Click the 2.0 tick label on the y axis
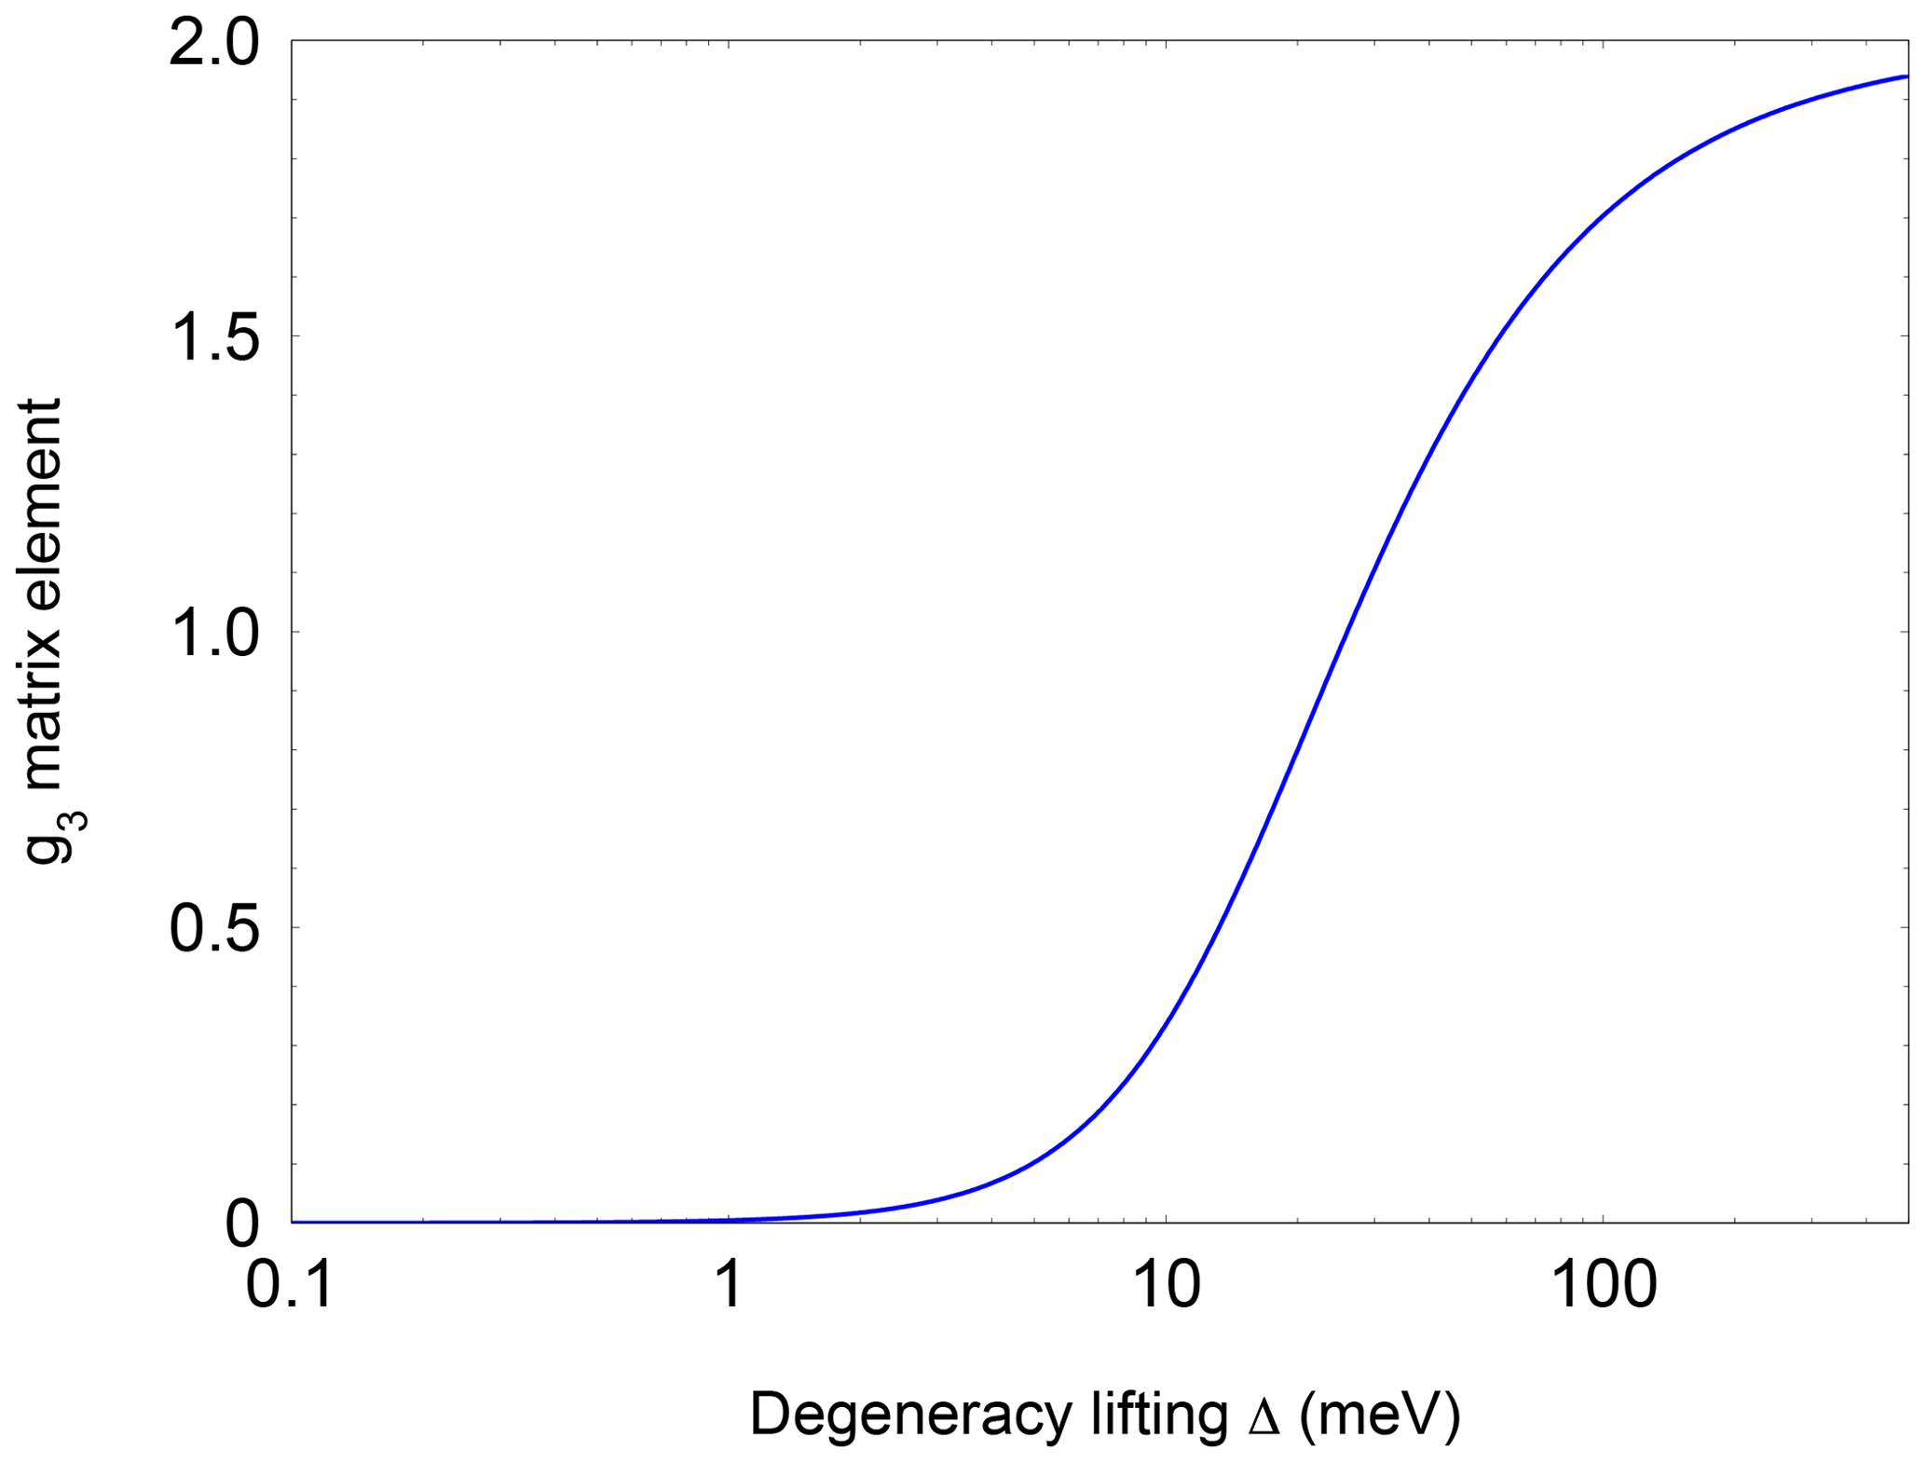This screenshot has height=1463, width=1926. [212, 43]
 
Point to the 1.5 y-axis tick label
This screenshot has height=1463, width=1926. [212, 337]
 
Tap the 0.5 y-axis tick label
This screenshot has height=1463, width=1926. [212, 929]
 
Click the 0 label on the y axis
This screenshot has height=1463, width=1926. [241, 1224]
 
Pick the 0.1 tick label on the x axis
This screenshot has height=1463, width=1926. [289, 1285]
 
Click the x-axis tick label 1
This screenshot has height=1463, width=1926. [728, 1285]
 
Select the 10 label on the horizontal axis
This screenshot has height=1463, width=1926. [1166, 1285]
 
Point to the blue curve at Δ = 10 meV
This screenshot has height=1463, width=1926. [1166, 1024]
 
